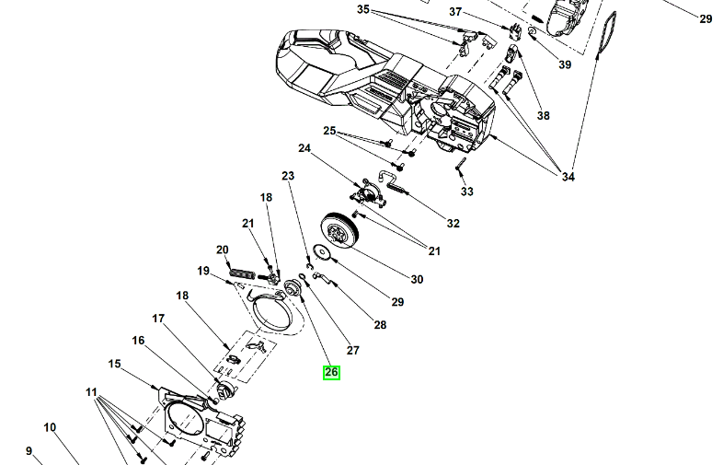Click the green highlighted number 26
tap(331, 373)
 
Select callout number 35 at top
tap(362, 10)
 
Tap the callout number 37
tap(456, 11)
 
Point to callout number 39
tap(565, 64)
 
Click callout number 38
tap(543, 116)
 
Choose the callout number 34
tap(568, 177)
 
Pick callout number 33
tap(467, 192)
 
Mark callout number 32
tap(453, 224)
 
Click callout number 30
tap(417, 280)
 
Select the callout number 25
tap(329, 131)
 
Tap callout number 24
tap(304, 148)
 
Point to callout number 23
tap(288, 176)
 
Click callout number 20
tap(222, 250)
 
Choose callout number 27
tap(353, 350)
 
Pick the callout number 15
tap(115, 364)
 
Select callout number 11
tap(91, 392)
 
